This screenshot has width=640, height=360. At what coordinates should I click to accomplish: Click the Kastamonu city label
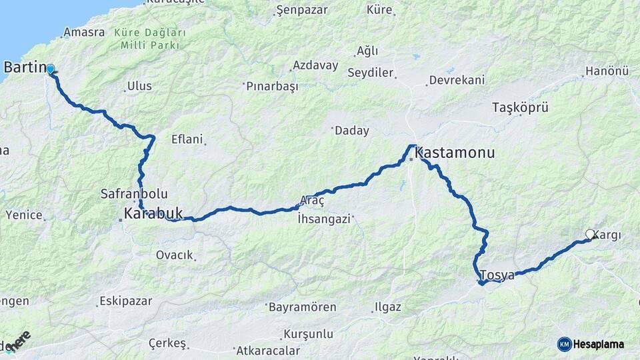click(455, 153)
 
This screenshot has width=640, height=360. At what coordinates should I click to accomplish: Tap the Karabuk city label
click(153, 213)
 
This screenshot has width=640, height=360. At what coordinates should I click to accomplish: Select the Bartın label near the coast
click(25, 67)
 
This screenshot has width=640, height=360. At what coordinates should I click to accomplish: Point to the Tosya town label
click(497, 275)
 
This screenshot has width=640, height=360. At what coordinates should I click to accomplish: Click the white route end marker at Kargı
click(590, 234)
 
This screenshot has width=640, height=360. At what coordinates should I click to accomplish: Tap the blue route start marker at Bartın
click(50, 69)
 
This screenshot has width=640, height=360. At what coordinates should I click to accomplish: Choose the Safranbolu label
click(133, 194)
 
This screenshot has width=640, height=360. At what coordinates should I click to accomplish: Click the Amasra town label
click(84, 32)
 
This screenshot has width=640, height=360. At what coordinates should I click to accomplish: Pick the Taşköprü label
click(519, 107)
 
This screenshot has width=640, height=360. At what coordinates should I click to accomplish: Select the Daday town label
click(351, 131)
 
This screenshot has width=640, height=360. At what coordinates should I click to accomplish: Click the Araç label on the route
click(312, 200)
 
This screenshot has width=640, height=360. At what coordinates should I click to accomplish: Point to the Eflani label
click(186, 139)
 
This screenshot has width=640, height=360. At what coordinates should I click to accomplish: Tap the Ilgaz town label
click(388, 307)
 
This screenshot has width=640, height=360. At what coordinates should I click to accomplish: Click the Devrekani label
click(456, 80)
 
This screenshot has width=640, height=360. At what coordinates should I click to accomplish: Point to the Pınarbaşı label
click(273, 87)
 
